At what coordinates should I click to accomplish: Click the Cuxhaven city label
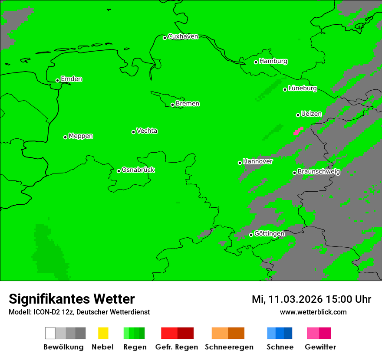[183, 36]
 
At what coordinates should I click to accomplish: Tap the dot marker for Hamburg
[256, 62]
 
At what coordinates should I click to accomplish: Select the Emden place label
[71, 79]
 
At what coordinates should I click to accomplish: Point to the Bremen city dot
[172, 105]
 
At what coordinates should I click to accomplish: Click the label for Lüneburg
[303, 88]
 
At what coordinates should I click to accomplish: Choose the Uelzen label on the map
[311, 114]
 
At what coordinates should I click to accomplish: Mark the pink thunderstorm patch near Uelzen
[298, 131]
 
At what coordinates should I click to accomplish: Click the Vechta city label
[147, 131]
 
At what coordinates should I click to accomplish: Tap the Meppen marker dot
[65, 137]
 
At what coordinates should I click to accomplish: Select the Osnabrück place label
[138, 170]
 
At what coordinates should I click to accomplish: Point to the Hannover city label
[257, 161]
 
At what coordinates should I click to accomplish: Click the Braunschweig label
[319, 172]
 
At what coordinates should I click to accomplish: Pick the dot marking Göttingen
[251, 235]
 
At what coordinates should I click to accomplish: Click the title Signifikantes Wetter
[72, 299]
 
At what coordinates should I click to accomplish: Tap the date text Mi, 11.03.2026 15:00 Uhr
[311, 299]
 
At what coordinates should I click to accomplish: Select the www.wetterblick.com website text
[313, 312]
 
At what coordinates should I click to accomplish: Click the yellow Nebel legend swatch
[103, 333]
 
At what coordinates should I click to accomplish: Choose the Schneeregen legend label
[229, 347]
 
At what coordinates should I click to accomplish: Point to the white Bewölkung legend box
[50, 333]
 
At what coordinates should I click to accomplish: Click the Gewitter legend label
[320, 347]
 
